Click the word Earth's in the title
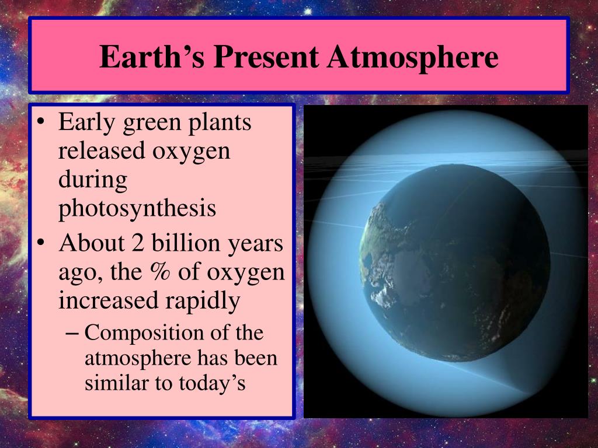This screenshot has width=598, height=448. tap(152, 57)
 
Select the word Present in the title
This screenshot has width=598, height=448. tap(266, 57)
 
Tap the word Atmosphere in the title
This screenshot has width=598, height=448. tap(413, 57)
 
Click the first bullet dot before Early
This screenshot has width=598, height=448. tap(41, 123)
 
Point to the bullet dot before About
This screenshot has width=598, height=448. tap(41, 243)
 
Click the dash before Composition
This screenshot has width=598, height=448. tap(72, 333)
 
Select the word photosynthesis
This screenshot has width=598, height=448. tap(137, 208)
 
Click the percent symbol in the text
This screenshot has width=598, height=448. tap(160, 272)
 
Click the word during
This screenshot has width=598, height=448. tap(93, 180)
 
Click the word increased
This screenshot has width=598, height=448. tap(108, 300)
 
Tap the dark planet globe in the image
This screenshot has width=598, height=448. tap(454, 263)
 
